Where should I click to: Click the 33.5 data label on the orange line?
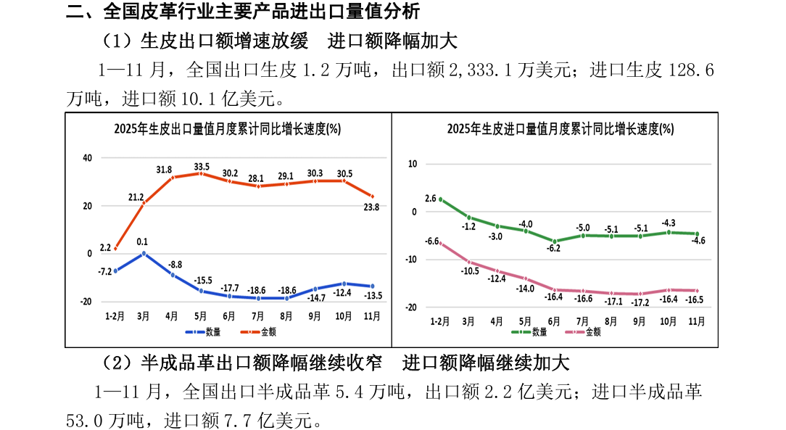pos(202,167)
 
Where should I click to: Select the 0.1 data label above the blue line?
pos(142,242)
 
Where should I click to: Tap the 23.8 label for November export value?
pos(372,207)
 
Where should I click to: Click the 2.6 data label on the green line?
pos(430,198)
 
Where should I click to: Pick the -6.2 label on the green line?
pos(555,248)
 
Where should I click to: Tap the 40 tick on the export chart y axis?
pos(87,157)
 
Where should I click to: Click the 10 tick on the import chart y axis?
pos(413,164)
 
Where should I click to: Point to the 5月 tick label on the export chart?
pos(200,316)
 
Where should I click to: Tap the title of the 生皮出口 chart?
pos(227,129)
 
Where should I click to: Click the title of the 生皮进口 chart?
pos(560,129)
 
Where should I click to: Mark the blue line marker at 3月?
pos(144,253)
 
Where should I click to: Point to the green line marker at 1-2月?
pos(440,199)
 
